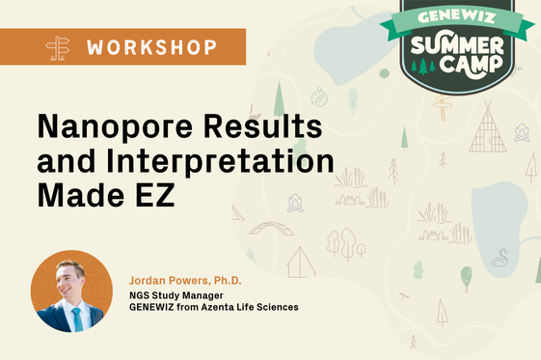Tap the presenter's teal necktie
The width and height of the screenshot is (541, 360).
tap(76, 318)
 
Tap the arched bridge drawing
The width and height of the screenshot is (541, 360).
tap(271, 228)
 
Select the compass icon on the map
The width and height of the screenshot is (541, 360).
tap(320, 97)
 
